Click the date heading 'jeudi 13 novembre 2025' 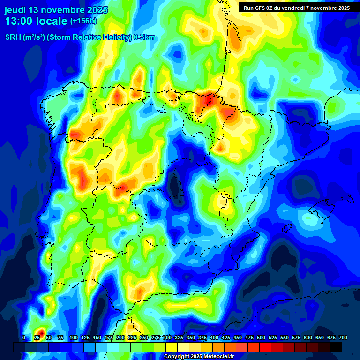point(56,10)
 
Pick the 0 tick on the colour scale point(24,337)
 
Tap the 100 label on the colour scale point(74,337)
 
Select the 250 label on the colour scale point(144,337)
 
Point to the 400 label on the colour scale point(214,337)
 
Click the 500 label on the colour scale point(261,337)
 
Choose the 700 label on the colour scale point(343,337)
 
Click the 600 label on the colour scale point(308,337)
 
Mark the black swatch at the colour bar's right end point(336,347)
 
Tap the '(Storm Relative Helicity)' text point(89,37)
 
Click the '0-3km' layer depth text point(144,37)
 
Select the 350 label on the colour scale point(191,337)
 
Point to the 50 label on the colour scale point(48,337)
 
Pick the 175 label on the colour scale point(109,337)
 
